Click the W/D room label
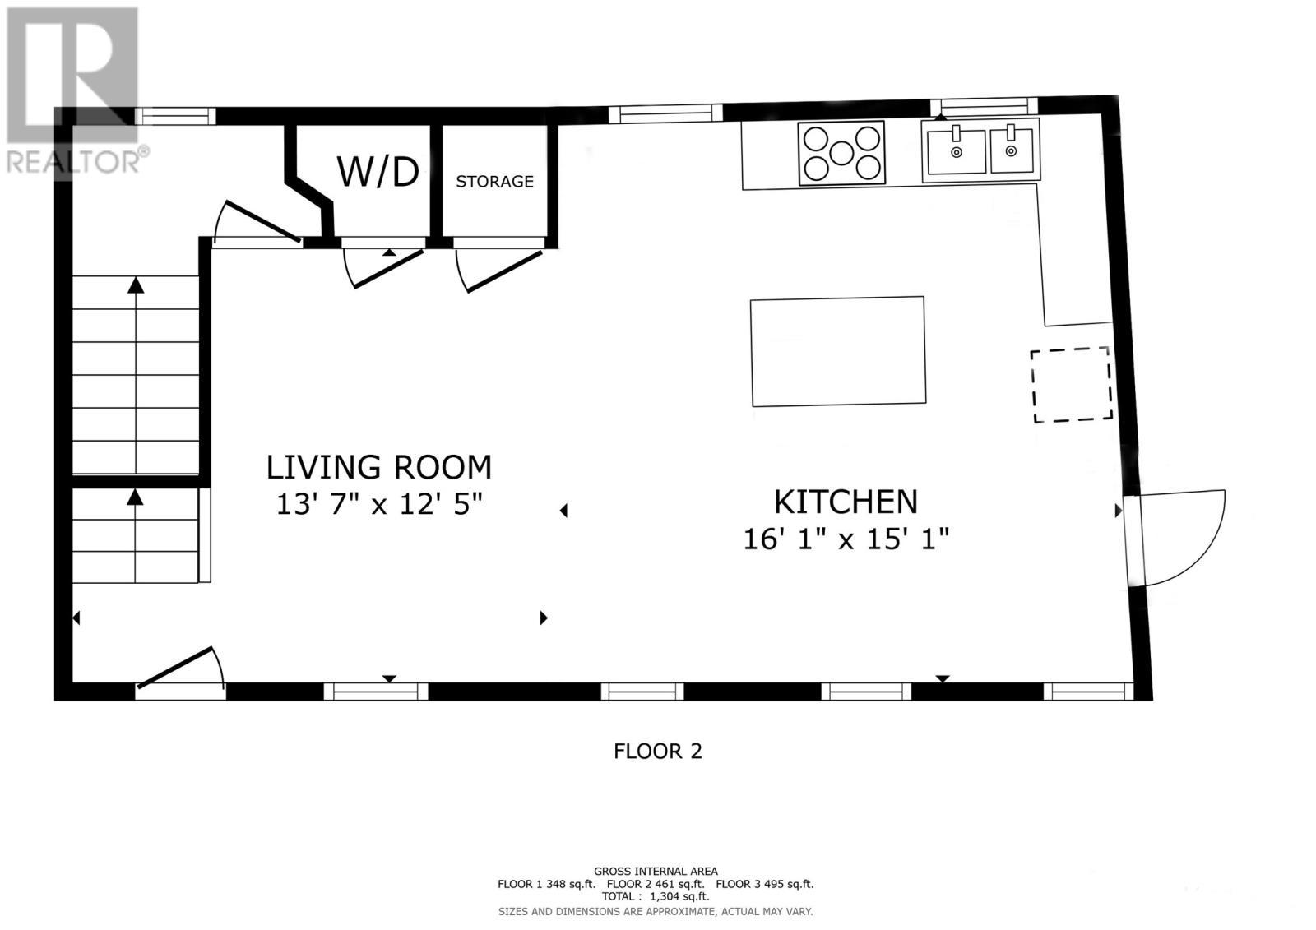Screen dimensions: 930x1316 [x=378, y=173]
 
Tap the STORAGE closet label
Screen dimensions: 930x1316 [x=494, y=182]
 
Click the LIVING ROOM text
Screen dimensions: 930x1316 [x=379, y=467]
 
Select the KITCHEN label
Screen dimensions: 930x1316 [x=846, y=502]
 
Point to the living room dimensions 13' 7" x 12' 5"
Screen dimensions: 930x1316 [x=379, y=504]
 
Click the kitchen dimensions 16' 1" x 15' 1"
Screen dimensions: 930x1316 [x=846, y=539]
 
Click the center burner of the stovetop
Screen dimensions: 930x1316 [x=841, y=153]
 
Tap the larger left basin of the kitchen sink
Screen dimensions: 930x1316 [x=956, y=152]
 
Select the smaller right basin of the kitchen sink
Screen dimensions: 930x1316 [x=1011, y=150]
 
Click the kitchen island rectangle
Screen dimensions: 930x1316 [x=837, y=351]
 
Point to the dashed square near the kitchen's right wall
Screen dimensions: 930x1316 [x=1071, y=385]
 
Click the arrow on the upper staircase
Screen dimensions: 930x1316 [x=136, y=285]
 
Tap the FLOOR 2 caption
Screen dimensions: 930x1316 [x=658, y=751]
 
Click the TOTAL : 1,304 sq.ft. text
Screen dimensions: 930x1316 [x=655, y=897]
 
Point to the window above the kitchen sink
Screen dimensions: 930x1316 [x=984, y=106]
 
